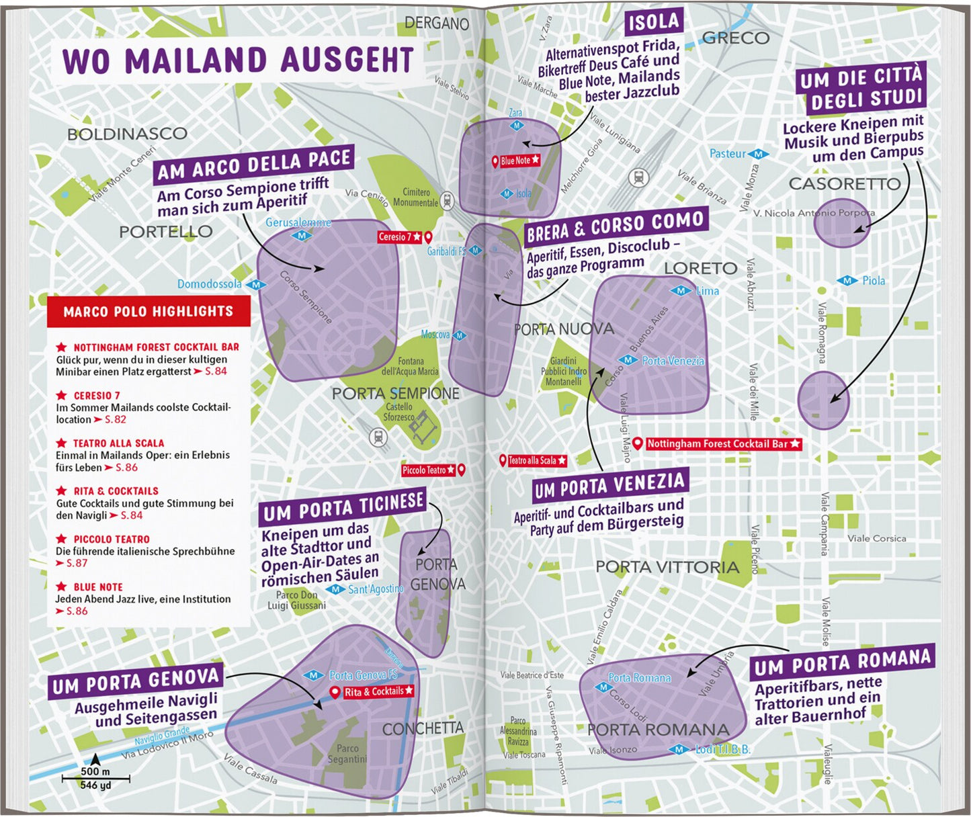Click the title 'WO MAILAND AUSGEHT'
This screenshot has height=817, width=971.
point(238,60)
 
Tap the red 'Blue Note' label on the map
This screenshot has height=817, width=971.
point(516,161)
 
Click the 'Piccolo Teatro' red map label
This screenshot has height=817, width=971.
point(428,470)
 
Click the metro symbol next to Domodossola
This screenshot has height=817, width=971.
point(255,285)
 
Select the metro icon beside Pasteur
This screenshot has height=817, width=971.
point(758,154)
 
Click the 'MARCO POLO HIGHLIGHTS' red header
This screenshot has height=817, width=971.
point(149,312)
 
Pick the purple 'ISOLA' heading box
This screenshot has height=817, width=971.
point(653,23)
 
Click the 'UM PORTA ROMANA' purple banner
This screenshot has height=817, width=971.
point(842,663)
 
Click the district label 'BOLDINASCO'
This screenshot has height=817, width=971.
point(127,134)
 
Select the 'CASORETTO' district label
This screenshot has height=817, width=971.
point(844,183)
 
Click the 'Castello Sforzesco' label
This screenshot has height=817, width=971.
point(399,412)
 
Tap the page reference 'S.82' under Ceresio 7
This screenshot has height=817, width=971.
point(115,419)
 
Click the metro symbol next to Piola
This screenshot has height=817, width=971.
point(847,281)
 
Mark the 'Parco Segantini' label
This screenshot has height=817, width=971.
point(347,754)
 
